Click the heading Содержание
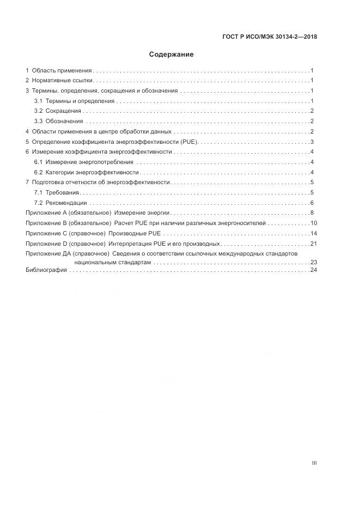tap(171, 54)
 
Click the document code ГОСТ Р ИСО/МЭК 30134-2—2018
tap(270, 37)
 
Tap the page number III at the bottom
tap(314, 463)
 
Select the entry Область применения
tap(61, 70)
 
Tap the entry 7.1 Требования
tap(57, 192)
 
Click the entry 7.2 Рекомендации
tap(60, 203)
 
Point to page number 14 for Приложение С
tap(314, 233)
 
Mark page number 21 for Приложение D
tap(314, 244)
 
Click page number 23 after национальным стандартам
tap(314, 262)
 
